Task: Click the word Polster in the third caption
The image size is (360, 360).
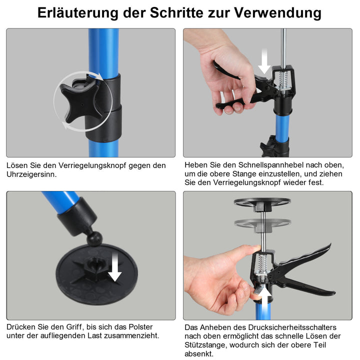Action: click(x=136, y=326)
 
